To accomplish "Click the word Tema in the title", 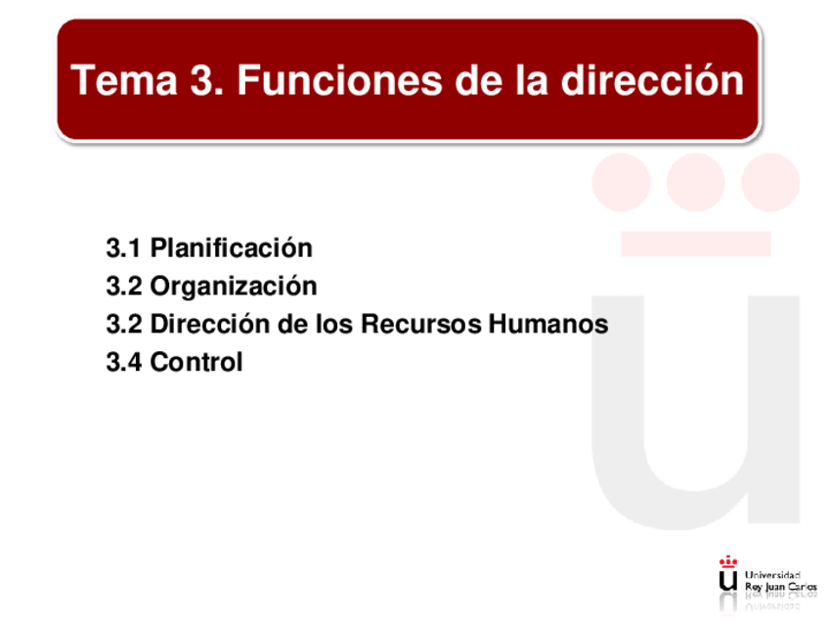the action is click(124, 80).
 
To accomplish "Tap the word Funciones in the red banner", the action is click(339, 80).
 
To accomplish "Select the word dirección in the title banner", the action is click(652, 80).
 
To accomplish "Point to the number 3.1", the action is click(123, 248).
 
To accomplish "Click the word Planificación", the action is click(232, 247).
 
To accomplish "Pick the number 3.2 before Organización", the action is click(124, 287).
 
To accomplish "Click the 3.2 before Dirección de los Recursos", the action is click(124, 325).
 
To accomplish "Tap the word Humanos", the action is click(548, 325).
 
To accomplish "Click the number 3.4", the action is click(124, 362).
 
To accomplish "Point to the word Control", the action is click(196, 362).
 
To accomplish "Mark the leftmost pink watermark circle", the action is click(621, 182).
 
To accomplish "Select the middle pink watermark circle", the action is click(695, 182).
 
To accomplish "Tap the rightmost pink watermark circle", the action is click(770, 182).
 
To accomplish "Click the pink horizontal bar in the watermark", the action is click(696, 244).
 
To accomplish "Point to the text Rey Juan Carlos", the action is click(781, 587).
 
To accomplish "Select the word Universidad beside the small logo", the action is click(772, 575).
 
